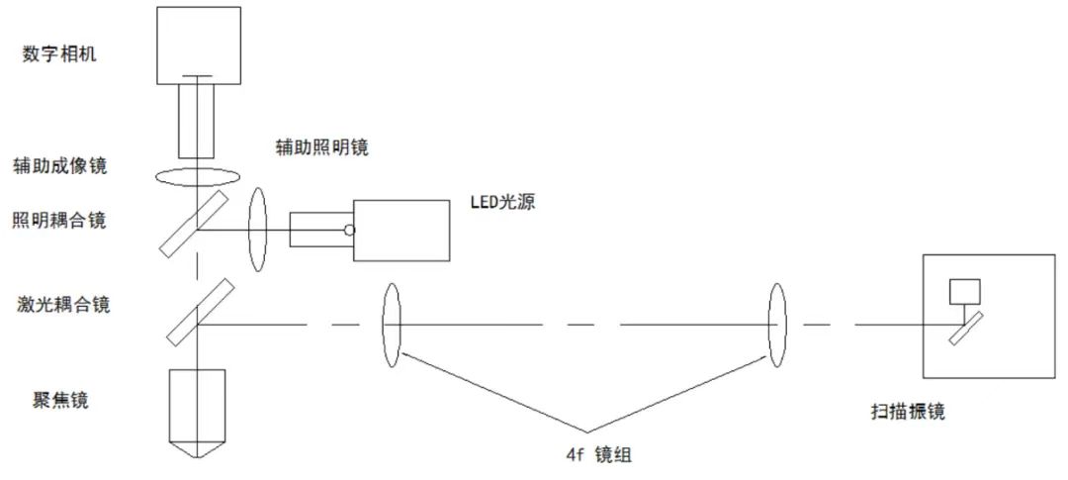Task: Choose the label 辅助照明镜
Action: tap(322, 147)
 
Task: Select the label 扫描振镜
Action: tap(904, 411)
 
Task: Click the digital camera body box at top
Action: tap(198, 45)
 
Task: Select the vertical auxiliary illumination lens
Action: tap(259, 230)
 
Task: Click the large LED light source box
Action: tap(400, 230)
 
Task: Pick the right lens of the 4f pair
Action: tap(777, 324)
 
